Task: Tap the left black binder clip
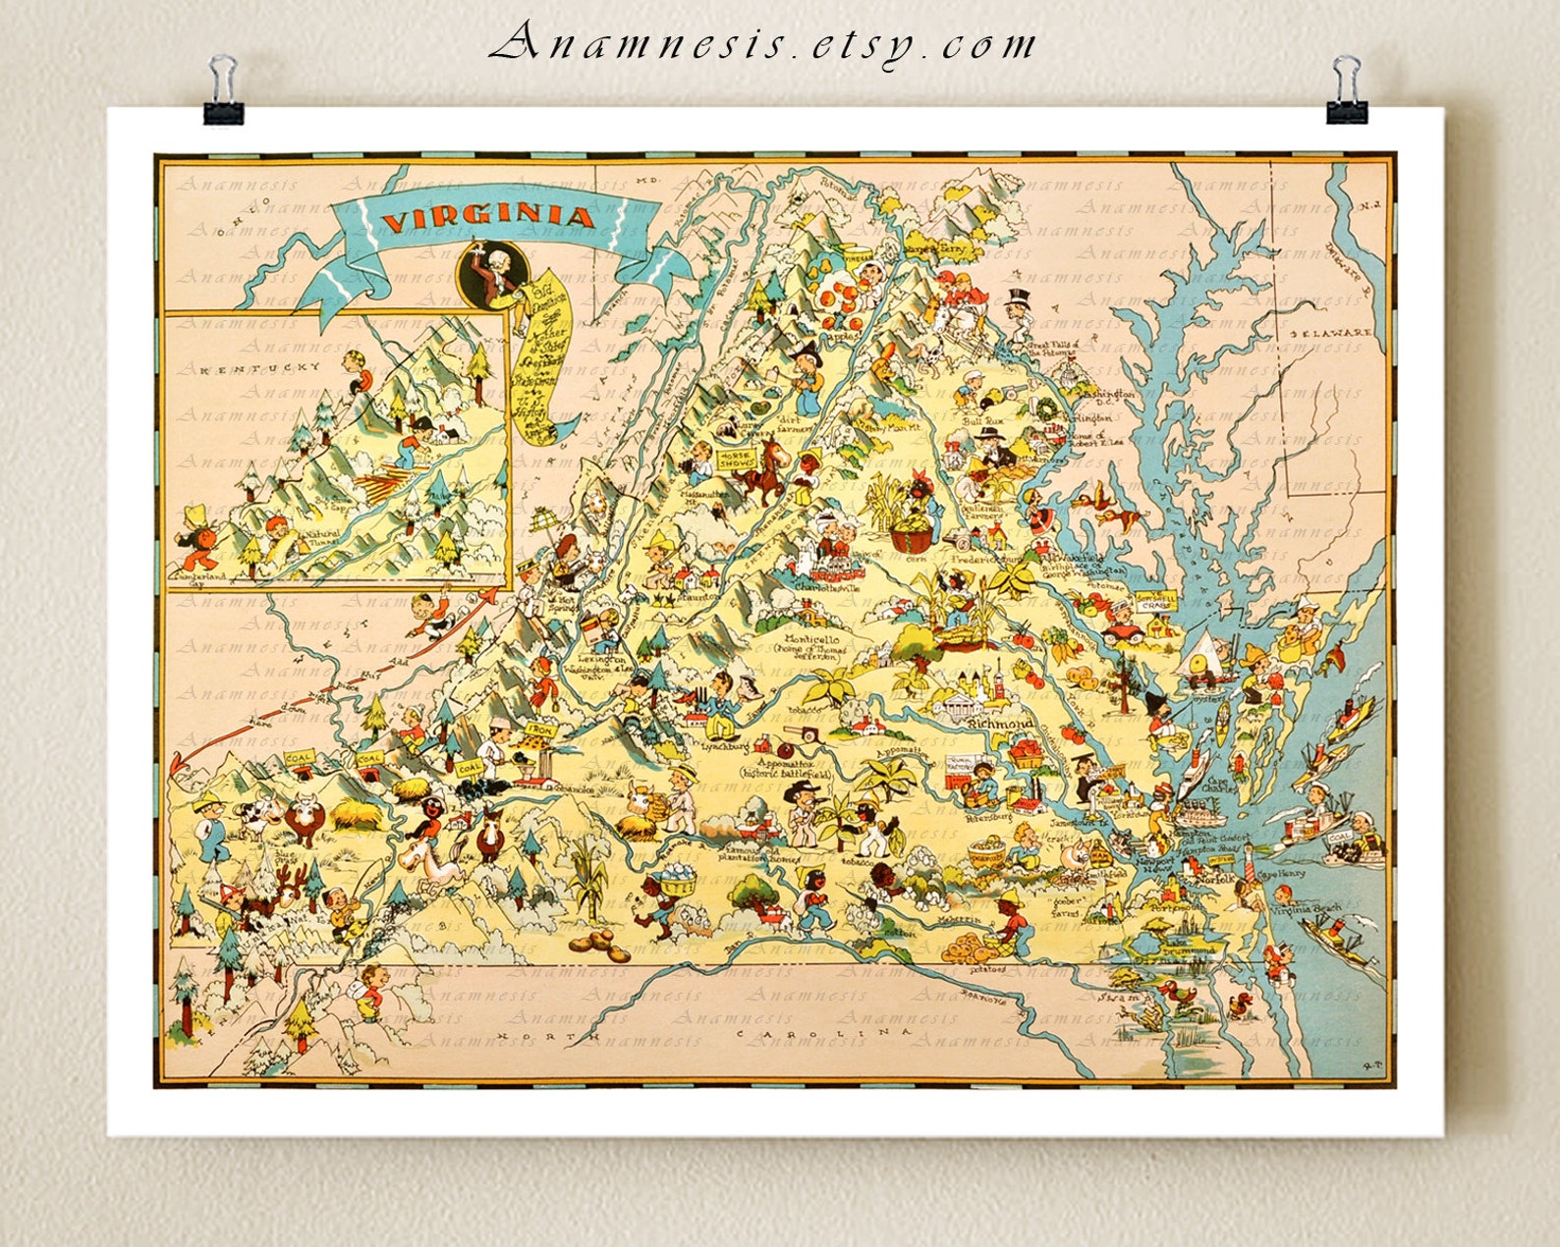click(x=224, y=93)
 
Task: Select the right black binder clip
click(x=1346, y=92)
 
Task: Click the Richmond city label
click(x=999, y=724)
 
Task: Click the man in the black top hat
click(x=1016, y=307)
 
